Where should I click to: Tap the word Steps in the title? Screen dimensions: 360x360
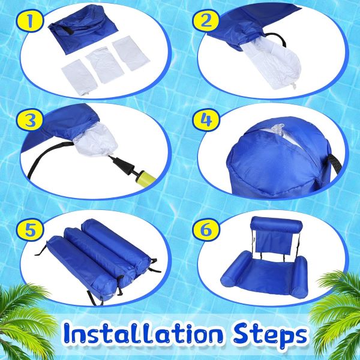[263, 333]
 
